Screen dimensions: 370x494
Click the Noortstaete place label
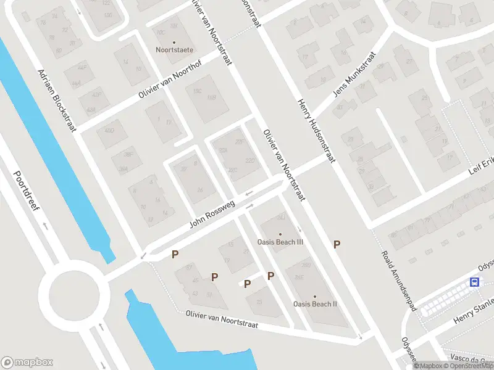coord(174,49)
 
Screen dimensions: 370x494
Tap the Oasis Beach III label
coord(281,242)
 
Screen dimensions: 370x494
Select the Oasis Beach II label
coord(315,303)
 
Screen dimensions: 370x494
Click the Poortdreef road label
coord(27,190)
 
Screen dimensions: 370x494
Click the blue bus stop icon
coord(474,282)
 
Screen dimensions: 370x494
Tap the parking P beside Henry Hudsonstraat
coord(337,245)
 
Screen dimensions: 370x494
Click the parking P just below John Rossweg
coord(175,253)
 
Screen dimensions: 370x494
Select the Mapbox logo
coord(27,363)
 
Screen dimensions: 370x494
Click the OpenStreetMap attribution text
coord(469,366)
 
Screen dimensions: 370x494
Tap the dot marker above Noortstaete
coord(174,42)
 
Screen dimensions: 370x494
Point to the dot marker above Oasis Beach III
coord(280,234)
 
